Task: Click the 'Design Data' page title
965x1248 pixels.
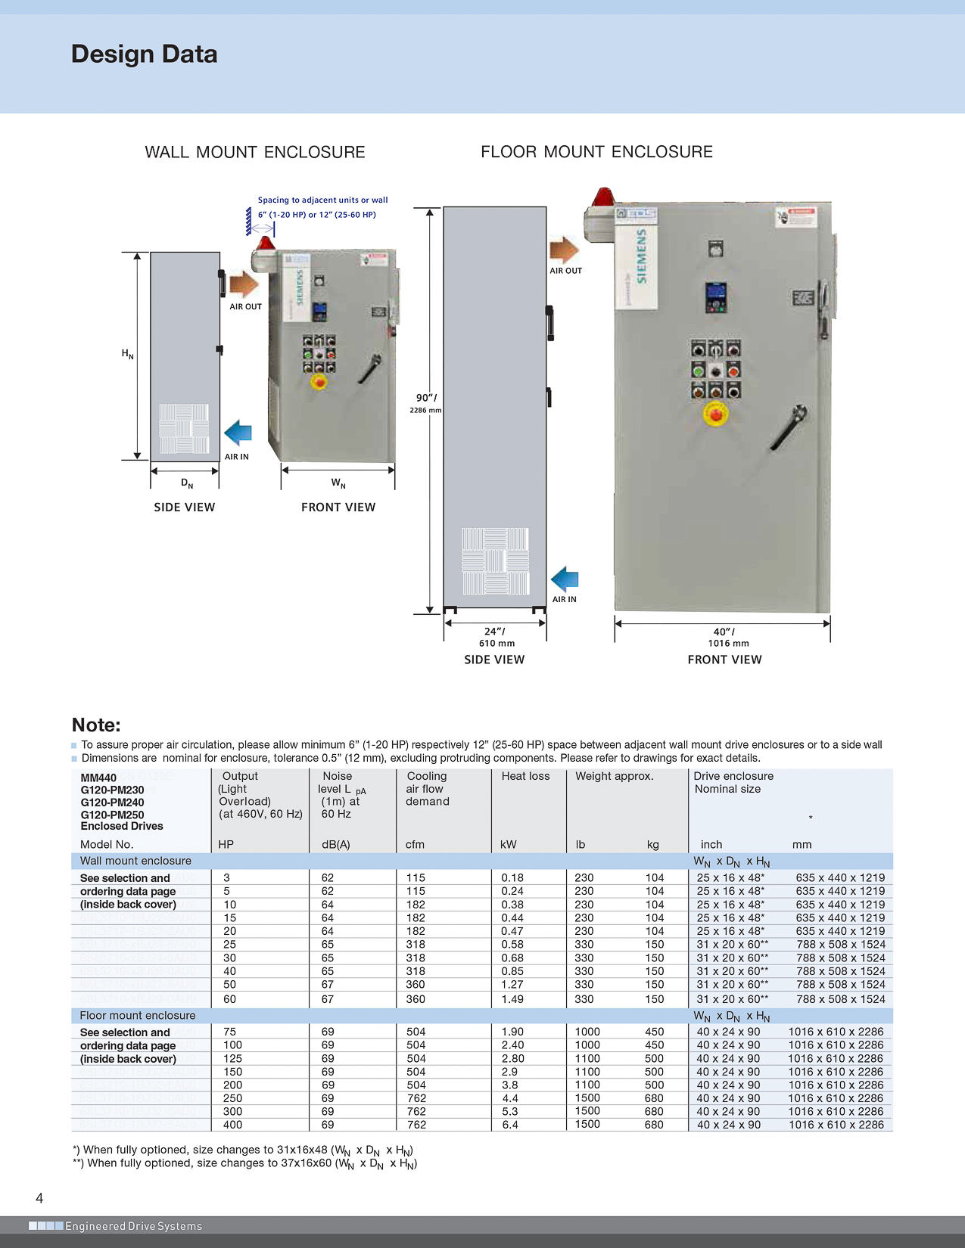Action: (144, 54)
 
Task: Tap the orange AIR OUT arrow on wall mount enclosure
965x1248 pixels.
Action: (244, 285)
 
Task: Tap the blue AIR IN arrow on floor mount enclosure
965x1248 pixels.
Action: (565, 580)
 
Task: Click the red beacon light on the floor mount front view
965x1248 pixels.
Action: (603, 198)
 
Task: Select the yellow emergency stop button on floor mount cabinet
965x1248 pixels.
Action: (715, 414)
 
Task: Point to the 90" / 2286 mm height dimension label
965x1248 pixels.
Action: (426, 402)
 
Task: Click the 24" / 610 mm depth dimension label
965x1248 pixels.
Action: (496, 637)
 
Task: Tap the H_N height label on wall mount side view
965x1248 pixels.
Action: (127, 353)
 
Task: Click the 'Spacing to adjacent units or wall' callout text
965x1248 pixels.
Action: (322, 200)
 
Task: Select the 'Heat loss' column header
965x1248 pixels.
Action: (525, 776)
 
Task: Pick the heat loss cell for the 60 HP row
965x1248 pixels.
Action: (512, 999)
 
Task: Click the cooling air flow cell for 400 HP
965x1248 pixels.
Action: (416, 1125)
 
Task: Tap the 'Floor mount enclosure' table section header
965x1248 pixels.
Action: (138, 1015)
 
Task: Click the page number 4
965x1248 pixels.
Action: (39, 1198)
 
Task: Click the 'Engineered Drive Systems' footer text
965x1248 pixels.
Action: (133, 1226)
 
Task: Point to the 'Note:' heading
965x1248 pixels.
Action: (96, 725)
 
